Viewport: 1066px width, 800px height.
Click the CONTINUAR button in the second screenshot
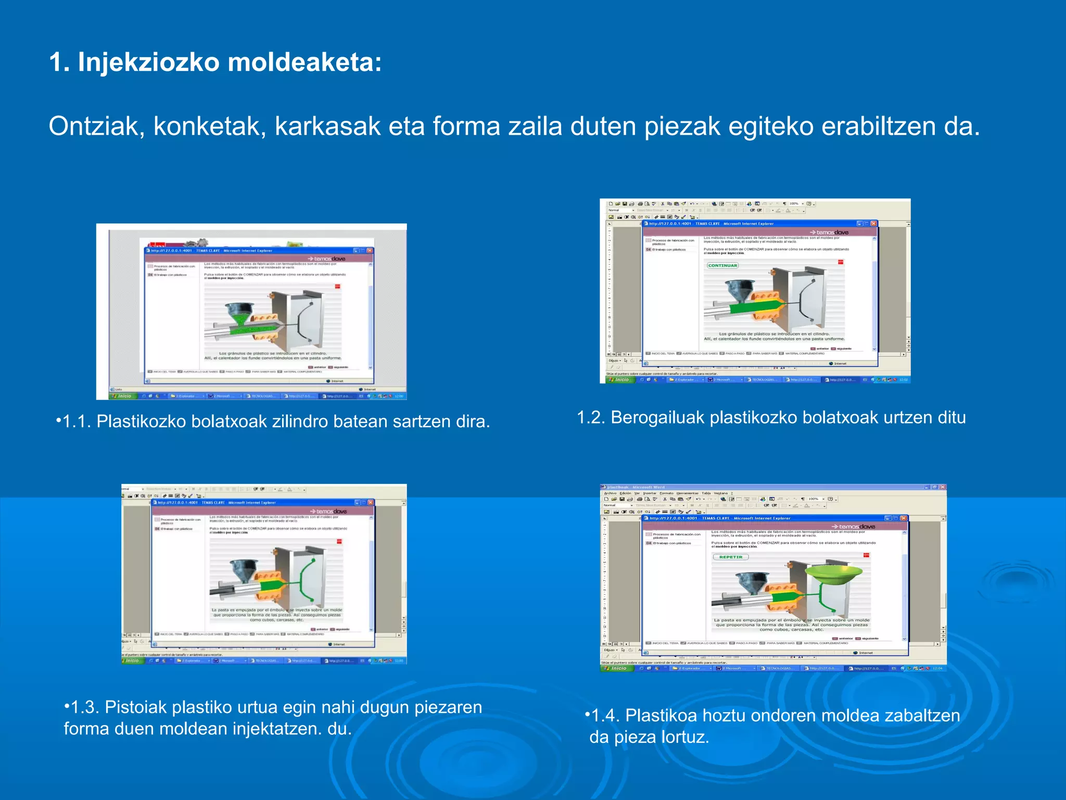pyautogui.click(x=722, y=266)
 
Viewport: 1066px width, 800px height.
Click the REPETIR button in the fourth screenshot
pyautogui.click(x=731, y=557)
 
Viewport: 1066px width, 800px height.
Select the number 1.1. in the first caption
pyautogui.click(x=77, y=421)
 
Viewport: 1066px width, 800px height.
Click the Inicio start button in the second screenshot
pyautogui.click(x=620, y=380)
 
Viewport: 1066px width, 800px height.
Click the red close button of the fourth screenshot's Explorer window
pyautogui.click(x=904, y=518)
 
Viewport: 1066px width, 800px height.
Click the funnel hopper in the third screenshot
pyautogui.click(x=244, y=569)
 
